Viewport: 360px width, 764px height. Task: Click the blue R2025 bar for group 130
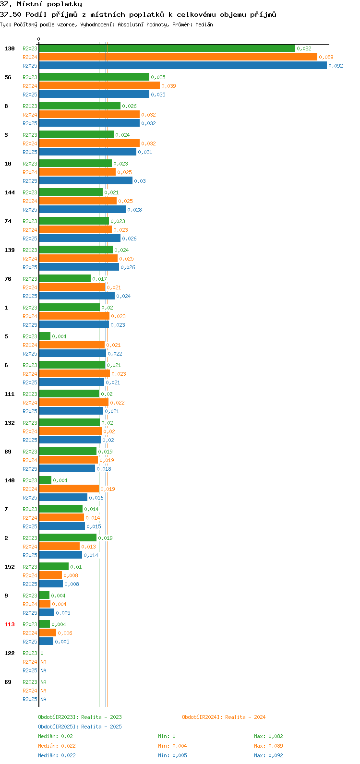tap(183, 65)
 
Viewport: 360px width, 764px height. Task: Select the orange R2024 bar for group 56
tap(99, 85)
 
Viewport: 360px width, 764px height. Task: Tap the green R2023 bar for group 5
tap(45, 336)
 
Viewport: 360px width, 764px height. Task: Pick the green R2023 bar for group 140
tap(45, 480)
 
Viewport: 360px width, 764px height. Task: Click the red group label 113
tap(10, 624)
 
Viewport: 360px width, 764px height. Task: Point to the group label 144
tap(10, 192)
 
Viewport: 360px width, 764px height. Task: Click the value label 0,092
tap(336, 66)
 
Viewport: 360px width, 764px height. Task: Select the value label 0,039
tap(168, 86)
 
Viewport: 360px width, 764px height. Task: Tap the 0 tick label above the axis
tap(38, 39)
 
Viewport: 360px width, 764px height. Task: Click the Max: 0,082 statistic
tap(268, 736)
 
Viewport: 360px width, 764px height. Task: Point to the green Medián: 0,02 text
tap(55, 736)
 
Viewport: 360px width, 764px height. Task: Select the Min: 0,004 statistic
tap(172, 746)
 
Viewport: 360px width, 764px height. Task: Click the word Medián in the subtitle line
tap(204, 24)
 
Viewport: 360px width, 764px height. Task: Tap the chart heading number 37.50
tap(11, 14)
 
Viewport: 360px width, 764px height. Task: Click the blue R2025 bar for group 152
tap(51, 584)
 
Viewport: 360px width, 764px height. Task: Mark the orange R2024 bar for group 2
tap(60, 546)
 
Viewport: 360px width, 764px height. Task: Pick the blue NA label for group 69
tap(43, 699)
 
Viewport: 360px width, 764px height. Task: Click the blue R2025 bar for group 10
tap(85, 180)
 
